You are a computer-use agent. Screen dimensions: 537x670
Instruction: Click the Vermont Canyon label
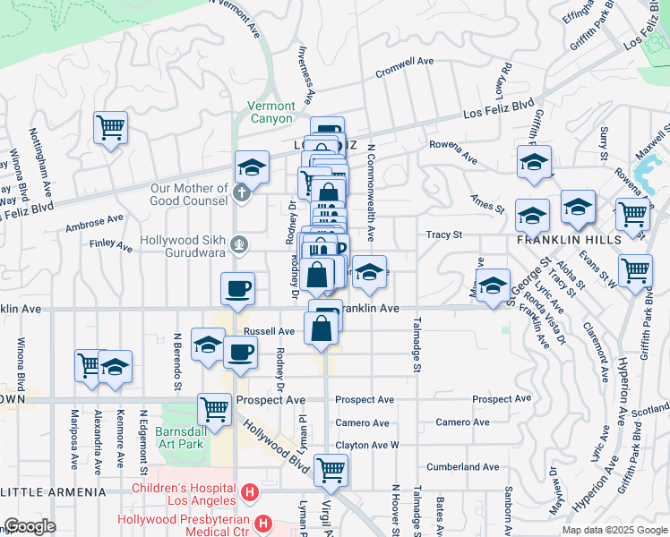point(271,112)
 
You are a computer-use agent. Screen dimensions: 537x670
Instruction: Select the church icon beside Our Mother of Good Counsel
point(240,192)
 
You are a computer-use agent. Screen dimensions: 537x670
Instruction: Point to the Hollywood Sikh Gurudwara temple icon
point(238,243)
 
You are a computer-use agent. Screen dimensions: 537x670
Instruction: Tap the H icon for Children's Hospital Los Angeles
point(251,492)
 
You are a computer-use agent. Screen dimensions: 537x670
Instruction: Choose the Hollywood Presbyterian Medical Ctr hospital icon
point(263,523)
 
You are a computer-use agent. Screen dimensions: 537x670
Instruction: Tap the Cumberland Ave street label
point(462,466)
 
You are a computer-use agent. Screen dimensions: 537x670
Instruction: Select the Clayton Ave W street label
point(366,445)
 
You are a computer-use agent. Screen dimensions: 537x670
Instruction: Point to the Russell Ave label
point(275,330)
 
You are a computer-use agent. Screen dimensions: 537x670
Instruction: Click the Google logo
point(30,527)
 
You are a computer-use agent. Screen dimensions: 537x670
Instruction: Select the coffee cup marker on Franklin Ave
point(238,288)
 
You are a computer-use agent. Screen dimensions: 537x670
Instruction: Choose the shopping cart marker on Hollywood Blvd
point(331,468)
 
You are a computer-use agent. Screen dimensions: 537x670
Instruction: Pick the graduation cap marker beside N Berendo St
point(208,345)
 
